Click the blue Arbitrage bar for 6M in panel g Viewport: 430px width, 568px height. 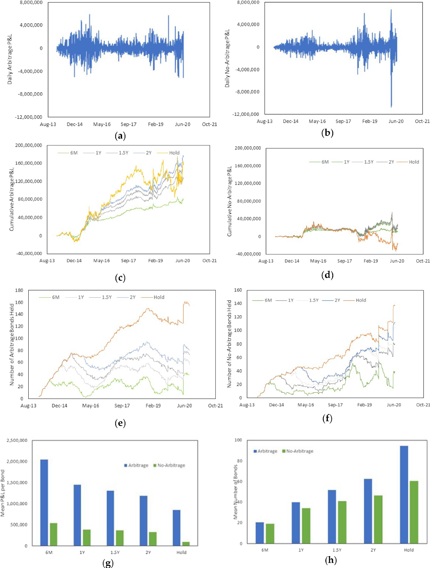pos(44,502)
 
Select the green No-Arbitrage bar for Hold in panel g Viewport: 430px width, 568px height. pos(186,544)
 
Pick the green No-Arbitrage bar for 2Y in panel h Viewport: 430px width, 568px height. pos(378,519)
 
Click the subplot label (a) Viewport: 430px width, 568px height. pos(120,136)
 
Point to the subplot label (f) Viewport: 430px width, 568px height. pos(327,418)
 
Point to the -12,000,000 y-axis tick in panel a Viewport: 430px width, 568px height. pos(29,117)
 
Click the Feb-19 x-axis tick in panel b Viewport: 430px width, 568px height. pos(369,121)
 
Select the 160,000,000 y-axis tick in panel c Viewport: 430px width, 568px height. pos(29,163)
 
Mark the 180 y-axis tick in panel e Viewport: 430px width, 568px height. pos(19,290)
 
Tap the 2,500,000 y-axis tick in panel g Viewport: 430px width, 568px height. pos(17,440)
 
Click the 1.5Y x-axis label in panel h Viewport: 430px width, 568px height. pos(337,550)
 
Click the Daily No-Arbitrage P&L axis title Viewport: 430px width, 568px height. pos(227,58)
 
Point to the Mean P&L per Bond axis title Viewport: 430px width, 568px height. pos(3,493)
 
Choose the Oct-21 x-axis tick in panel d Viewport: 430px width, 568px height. pos(423,261)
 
